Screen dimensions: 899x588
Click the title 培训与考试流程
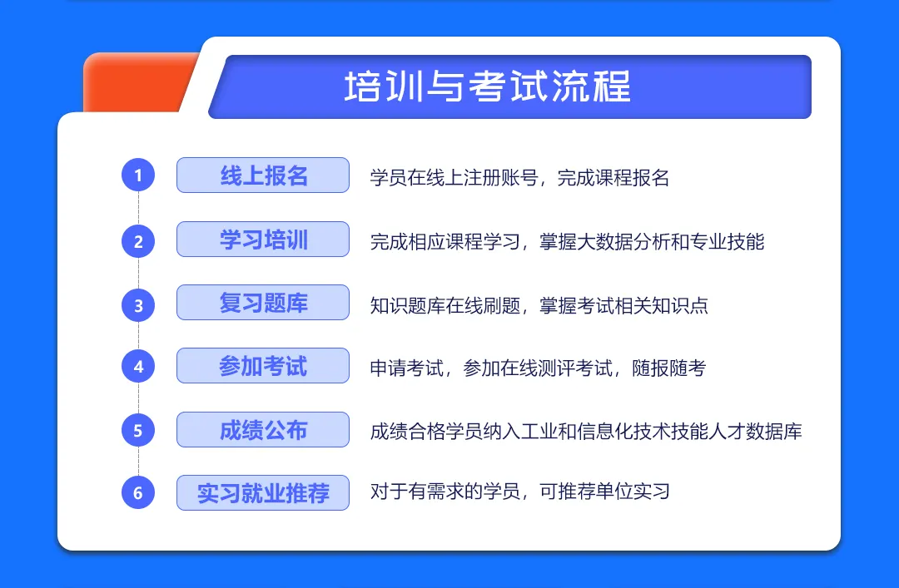[x=487, y=86]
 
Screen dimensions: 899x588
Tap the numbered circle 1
[x=138, y=175]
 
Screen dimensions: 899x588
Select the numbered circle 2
[x=138, y=241]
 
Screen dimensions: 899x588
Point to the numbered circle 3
[x=138, y=305]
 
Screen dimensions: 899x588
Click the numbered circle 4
[x=138, y=366]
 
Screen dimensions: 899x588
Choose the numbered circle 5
[x=138, y=431]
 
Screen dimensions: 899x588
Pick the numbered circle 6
[x=138, y=492]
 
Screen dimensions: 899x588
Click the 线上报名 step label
[x=263, y=175]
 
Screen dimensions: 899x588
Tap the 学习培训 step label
[x=263, y=239]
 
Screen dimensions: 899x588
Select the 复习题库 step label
[x=263, y=303]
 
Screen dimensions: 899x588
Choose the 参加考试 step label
[x=263, y=366]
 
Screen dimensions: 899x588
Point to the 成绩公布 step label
[x=263, y=429]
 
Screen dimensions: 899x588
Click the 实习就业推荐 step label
[x=263, y=493]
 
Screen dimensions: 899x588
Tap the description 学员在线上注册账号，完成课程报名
[x=519, y=178]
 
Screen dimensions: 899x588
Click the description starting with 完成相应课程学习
[x=567, y=242]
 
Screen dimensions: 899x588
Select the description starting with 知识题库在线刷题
[x=539, y=305]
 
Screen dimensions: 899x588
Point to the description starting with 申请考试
[x=538, y=368]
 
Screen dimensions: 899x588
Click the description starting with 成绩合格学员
[x=586, y=431]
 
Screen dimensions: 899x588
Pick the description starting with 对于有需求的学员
[x=520, y=492]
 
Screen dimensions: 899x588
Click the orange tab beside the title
[x=137, y=83]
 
